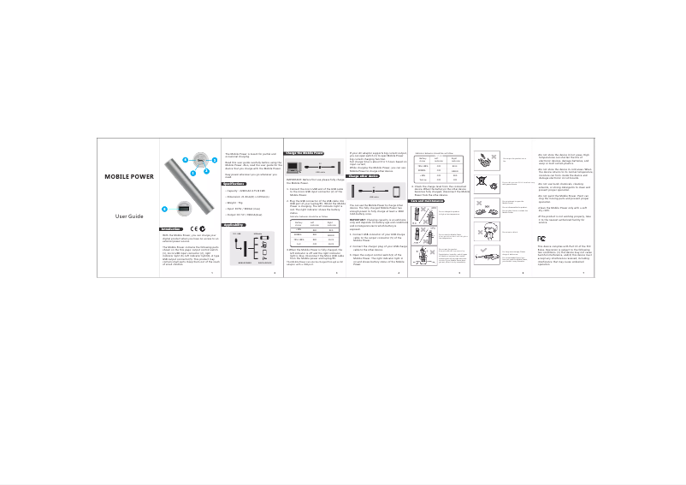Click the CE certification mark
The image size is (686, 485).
pyautogui.click(x=197, y=228)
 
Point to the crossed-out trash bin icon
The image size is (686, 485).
pyautogui.click(x=484, y=181)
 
